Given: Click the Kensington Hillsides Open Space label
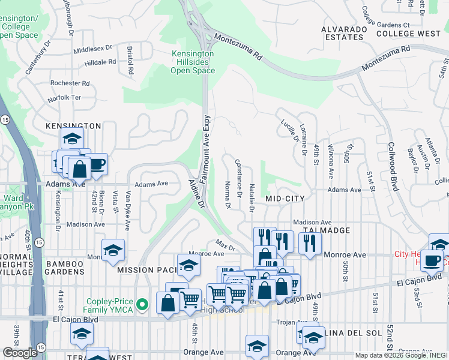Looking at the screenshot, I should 193,62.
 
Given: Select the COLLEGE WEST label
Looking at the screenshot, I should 408,34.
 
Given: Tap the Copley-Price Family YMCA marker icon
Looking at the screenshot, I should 142,305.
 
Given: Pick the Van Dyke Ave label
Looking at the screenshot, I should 128,211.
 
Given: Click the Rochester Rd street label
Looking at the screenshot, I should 70,83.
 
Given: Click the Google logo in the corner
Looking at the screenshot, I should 20,352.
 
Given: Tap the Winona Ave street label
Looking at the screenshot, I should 330,161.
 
